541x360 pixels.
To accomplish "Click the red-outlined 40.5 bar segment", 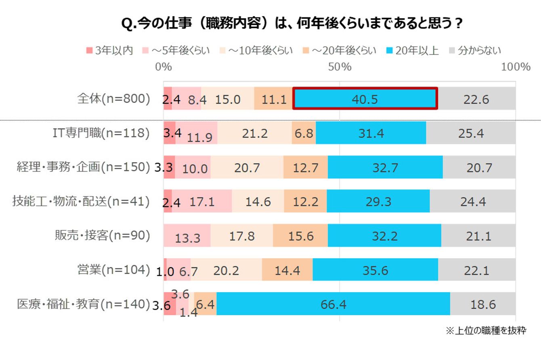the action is tap(365, 98).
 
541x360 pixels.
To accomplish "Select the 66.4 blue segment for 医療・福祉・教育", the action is tap(333, 303).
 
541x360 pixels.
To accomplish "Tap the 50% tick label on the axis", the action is tap(340, 67).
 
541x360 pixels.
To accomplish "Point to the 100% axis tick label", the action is tap(516, 67).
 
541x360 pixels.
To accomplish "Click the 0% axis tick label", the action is tap(164, 67).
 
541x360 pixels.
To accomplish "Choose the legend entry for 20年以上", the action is tap(413, 50).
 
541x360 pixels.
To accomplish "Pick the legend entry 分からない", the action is tap(475, 50).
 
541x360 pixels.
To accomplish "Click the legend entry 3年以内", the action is tap(110, 50).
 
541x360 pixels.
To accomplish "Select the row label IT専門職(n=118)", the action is tap(101, 133).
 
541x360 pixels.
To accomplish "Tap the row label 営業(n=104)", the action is tap(113, 270).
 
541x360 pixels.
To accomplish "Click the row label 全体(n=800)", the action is tap(113, 98).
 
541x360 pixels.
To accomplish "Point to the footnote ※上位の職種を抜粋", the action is tap(486, 331).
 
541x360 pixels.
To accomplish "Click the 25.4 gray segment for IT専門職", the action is tap(471, 133).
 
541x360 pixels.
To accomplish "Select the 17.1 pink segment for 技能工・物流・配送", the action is tap(202, 201).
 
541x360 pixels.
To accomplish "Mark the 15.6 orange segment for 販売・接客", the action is tap(300, 235).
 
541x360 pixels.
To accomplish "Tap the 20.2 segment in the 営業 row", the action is tap(226, 270).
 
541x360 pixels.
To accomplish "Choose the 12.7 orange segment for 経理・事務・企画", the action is tap(306, 167).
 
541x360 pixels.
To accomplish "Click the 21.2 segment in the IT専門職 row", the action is tap(255, 133).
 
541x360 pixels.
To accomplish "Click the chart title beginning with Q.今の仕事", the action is tap(292, 23).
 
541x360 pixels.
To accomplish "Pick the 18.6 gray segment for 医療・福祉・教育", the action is tap(483, 303).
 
